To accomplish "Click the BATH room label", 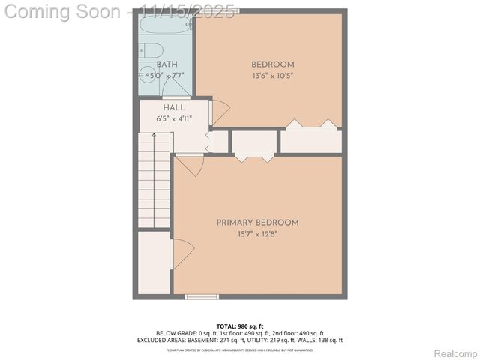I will (166, 65).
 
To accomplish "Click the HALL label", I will (173, 108).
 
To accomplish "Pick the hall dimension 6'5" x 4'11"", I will (173, 119).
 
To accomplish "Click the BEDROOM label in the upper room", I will (272, 64).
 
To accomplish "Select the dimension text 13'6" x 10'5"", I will (272, 76).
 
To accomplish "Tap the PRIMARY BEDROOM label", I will (257, 223).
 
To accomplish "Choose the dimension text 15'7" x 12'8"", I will (257, 234).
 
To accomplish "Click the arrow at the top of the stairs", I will (154, 137).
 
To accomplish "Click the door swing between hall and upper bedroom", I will (220, 113).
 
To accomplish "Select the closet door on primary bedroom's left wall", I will (182, 253).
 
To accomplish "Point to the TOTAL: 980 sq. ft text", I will (239, 325).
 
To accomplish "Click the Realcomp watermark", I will (455, 352).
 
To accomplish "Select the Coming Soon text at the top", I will (64, 12).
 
